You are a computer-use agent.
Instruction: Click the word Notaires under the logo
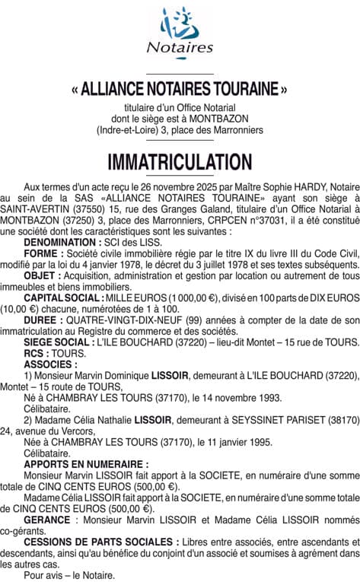(180, 47)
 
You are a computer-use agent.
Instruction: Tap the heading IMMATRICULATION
(180, 162)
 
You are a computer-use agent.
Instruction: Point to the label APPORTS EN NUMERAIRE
(86, 463)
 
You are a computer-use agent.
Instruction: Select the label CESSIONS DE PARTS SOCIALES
(98, 542)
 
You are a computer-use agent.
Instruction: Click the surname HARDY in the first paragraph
(292, 186)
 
